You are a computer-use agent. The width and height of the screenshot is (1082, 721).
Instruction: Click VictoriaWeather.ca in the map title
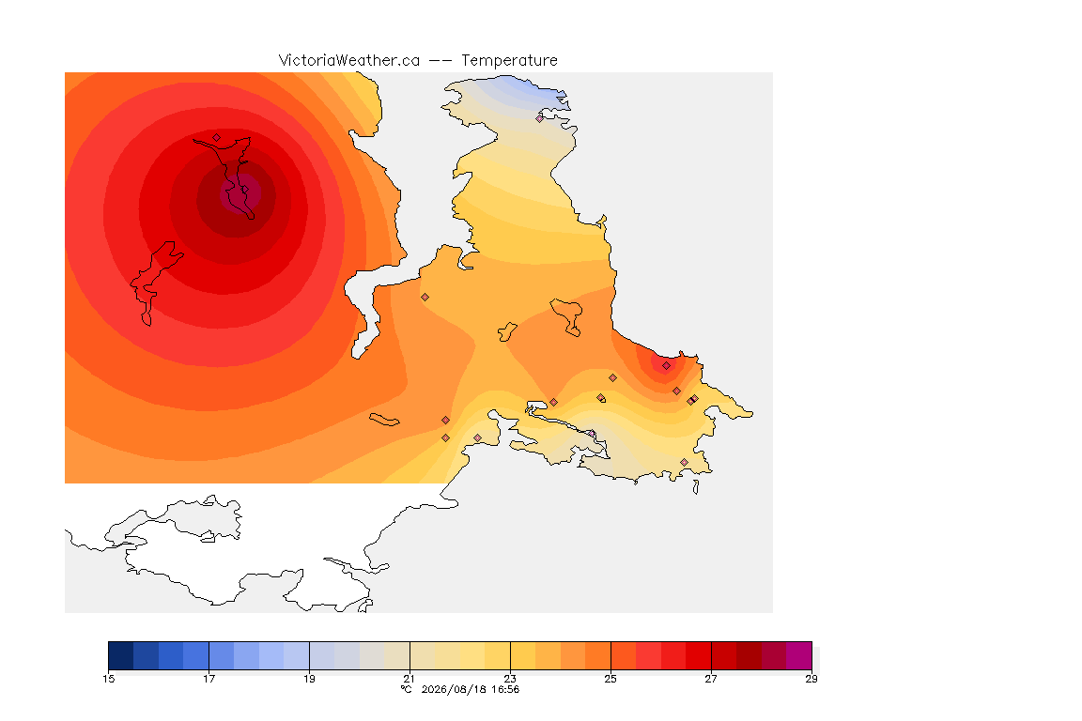point(349,61)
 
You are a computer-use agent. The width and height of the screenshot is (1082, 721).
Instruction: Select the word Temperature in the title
point(509,61)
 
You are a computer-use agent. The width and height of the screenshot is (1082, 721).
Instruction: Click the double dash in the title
point(441,61)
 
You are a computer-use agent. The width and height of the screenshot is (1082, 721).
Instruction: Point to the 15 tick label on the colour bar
point(108,679)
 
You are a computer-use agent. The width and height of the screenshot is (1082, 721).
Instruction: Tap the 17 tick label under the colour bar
point(209,679)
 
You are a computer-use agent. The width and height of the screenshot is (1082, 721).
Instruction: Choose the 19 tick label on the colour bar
point(309,679)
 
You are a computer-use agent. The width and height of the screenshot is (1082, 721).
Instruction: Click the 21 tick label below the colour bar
point(410,679)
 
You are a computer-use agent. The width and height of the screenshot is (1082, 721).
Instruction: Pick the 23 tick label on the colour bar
point(510,679)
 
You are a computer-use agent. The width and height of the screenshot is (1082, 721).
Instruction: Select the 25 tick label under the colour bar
point(611,679)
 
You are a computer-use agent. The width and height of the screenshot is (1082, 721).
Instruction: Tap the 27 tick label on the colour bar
point(711,679)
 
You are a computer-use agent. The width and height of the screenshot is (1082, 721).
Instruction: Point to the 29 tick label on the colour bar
point(811,679)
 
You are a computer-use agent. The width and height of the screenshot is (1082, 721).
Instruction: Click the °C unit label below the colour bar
point(407,689)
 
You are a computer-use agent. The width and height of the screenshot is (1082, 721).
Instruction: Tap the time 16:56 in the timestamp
point(505,689)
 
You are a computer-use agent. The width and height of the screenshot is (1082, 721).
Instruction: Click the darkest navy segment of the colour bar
point(121,655)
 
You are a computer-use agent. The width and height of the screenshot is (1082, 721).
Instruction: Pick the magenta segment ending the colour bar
point(799,655)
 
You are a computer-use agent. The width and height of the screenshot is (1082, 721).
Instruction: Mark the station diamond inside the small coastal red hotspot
point(666,366)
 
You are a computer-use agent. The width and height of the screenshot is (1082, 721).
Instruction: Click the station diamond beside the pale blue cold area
point(540,118)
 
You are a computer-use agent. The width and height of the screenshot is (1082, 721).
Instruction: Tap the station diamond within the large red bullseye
point(217,138)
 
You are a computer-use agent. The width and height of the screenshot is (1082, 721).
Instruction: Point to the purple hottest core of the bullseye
point(240,194)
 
